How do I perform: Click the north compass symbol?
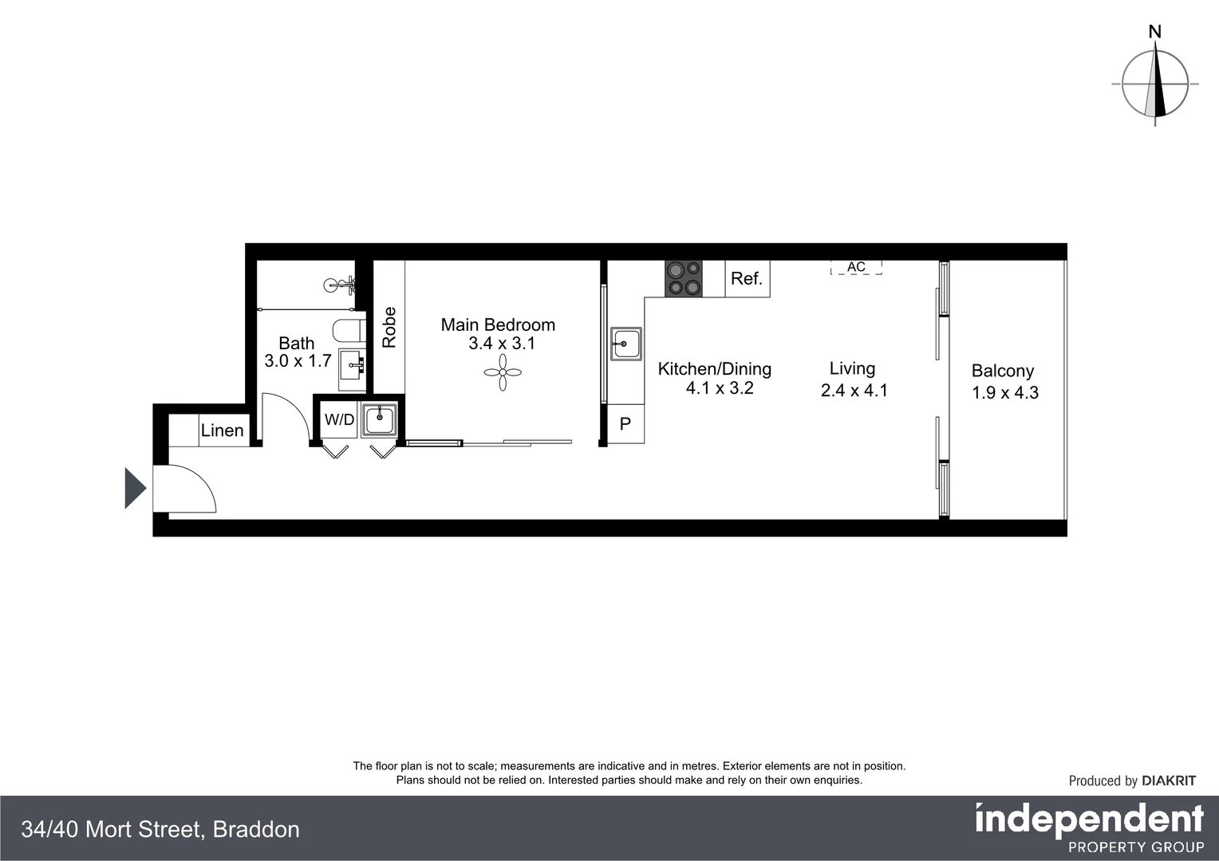[1155, 84]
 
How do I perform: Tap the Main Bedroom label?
[498, 324]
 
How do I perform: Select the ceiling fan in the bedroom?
[503, 372]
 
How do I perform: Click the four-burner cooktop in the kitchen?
[684, 279]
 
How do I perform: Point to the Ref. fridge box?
[748, 279]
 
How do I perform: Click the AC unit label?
[856, 267]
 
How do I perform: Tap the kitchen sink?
[626, 344]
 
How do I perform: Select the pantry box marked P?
[625, 424]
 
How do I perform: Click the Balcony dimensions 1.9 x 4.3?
[1004, 392]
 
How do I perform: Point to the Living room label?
[852, 368]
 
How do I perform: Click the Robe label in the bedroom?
[389, 327]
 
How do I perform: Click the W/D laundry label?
[339, 419]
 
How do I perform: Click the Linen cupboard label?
[222, 431]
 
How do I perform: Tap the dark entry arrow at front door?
[135, 488]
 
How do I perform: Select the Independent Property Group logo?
[1089, 828]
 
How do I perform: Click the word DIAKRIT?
[1169, 780]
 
